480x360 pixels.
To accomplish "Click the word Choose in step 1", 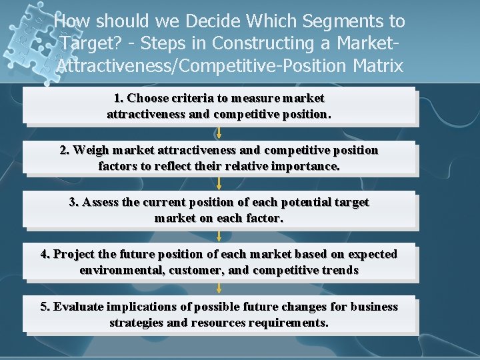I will (149, 98).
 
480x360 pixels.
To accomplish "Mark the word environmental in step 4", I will (121, 270).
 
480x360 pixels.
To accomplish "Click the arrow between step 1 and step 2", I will (219, 133).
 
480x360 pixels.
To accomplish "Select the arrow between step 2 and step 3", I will (219, 184).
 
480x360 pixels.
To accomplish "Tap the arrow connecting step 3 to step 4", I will (219, 236).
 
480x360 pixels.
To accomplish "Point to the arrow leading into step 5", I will (219, 288).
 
